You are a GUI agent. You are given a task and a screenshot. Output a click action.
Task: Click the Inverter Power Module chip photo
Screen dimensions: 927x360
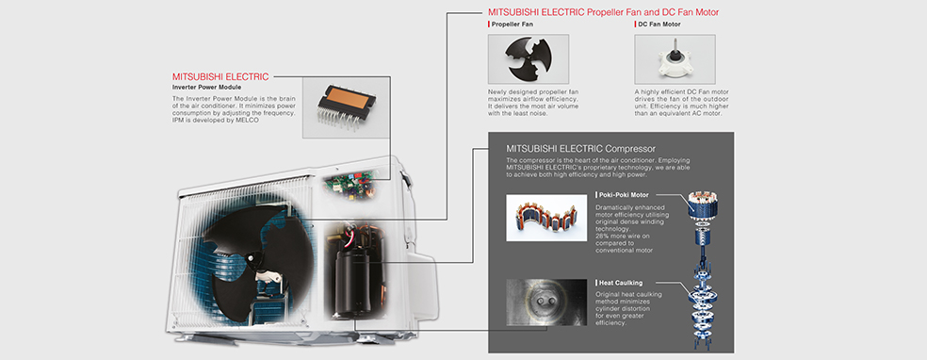click(347, 107)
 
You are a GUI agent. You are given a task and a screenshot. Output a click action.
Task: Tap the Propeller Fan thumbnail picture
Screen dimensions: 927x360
click(528, 58)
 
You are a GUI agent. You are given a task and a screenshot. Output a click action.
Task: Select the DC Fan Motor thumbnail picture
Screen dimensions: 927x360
click(675, 58)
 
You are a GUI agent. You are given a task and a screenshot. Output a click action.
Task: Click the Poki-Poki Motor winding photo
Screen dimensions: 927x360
click(546, 217)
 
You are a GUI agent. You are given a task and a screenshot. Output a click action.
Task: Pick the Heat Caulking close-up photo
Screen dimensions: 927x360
click(546, 303)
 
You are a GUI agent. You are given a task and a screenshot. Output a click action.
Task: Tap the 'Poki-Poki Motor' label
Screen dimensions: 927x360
click(624, 194)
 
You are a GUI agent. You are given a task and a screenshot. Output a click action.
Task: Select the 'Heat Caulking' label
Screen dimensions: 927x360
click(620, 283)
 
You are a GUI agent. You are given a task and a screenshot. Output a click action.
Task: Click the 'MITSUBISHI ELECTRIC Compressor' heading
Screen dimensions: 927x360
click(580, 148)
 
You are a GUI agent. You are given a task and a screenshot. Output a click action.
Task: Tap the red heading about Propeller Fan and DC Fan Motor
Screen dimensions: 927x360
click(604, 12)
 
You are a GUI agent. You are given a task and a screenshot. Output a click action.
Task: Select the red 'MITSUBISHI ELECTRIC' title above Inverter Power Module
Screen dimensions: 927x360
click(220, 77)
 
